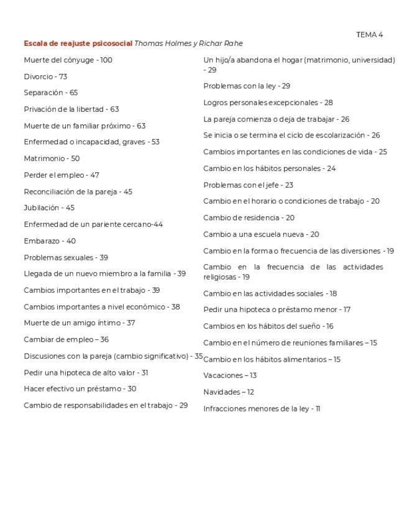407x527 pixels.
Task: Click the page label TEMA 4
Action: tap(369, 35)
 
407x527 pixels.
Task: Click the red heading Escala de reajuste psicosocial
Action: tap(78, 44)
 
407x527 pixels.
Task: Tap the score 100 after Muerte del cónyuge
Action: tap(106, 60)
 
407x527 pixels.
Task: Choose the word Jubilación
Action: tap(41, 208)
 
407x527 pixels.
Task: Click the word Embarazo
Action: tap(41, 241)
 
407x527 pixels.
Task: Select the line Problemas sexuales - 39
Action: tap(66, 257)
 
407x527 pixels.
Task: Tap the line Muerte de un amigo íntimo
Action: tap(79, 323)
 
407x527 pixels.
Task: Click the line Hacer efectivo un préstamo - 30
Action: tap(80, 389)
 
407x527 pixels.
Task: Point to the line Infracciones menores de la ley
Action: tap(261, 409)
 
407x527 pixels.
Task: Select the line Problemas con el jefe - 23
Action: tap(248, 185)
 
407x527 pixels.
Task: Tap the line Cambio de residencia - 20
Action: tap(249, 218)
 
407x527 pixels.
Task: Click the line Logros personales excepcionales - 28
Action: tap(268, 103)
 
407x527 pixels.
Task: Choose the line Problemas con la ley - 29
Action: tap(247, 86)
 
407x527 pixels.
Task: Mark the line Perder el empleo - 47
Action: tap(62, 175)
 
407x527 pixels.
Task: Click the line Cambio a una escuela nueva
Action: tap(261, 234)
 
